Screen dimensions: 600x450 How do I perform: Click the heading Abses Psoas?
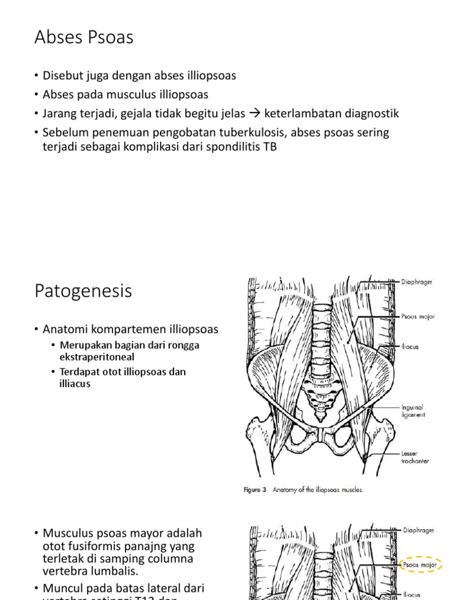84,38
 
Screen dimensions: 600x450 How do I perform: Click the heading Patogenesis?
83,291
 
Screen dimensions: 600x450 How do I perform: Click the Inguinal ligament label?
412,411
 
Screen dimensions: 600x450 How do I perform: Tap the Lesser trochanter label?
415,457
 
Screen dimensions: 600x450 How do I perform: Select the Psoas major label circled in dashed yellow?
418,565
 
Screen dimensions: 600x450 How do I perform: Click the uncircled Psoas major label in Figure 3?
418,317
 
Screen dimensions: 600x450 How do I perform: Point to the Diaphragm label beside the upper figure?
417,282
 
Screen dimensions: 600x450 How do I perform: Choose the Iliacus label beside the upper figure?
410,347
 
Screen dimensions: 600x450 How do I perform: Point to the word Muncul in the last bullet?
63,588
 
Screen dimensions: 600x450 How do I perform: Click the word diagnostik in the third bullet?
374,113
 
